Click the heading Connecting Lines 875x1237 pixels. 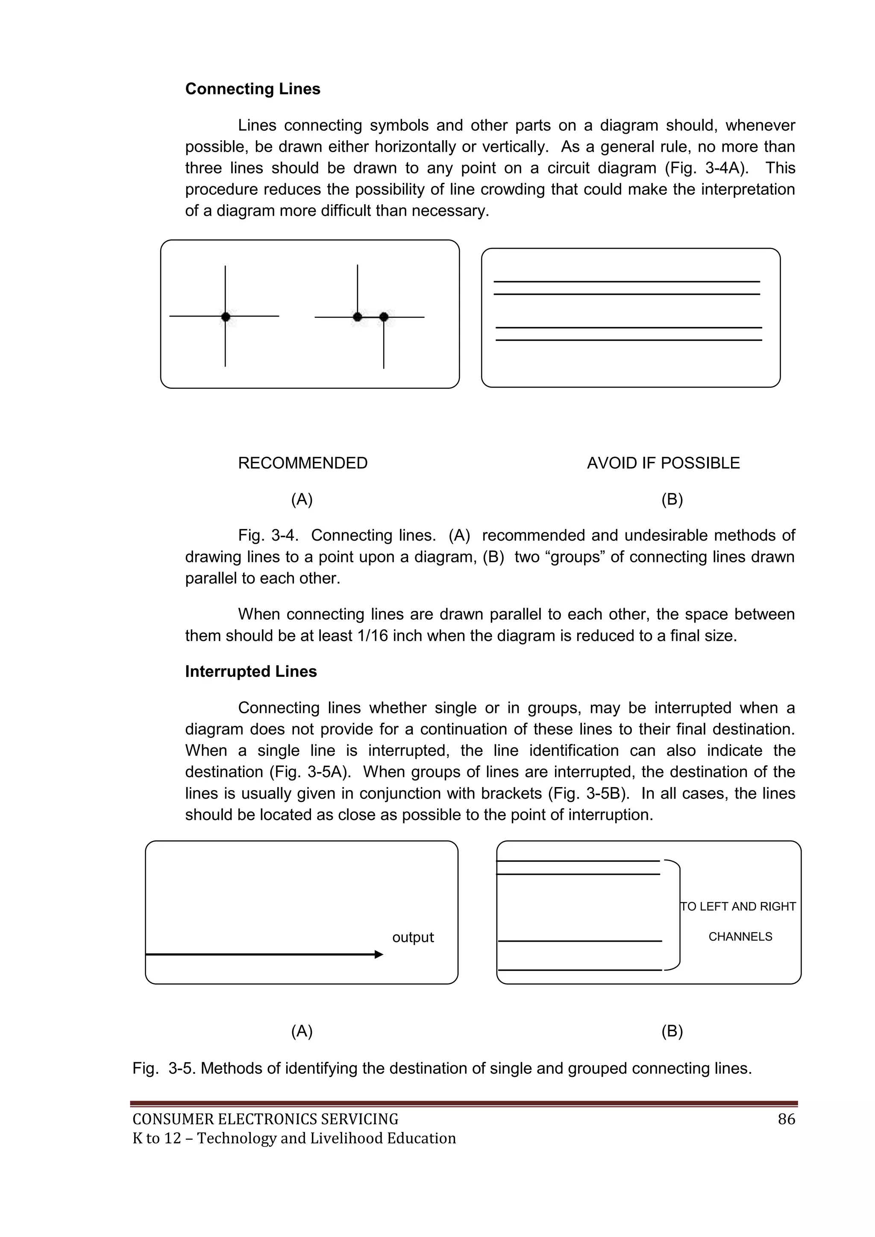click(x=252, y=89)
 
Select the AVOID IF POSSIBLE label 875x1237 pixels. click(x=663, y=463)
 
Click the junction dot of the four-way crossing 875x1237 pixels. click(x=225, y=316)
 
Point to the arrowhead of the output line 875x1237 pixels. click(x=379, y=955)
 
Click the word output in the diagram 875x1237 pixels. click(x=413, y=937)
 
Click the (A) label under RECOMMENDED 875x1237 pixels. click(x=302, y=500)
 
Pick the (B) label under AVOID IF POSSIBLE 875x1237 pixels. click(x=672, y=500)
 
